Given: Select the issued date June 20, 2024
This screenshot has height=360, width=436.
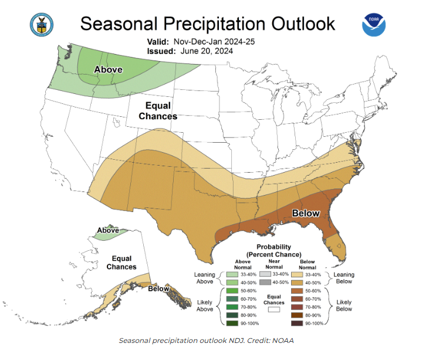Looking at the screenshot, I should coord(207,51).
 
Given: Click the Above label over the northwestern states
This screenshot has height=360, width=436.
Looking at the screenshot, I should coord(109,70).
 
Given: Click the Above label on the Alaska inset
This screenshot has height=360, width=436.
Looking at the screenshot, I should coord(107,230).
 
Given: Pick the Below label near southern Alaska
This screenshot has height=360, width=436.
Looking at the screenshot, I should coord(158,288).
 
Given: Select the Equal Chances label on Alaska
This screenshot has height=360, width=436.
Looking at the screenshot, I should coord(121,263).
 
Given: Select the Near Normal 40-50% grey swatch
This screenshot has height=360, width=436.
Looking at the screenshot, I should coord(265,281).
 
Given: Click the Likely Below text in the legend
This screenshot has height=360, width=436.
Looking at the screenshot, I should coord(344,306).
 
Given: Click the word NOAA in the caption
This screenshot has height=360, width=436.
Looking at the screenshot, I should coord(282,341).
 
